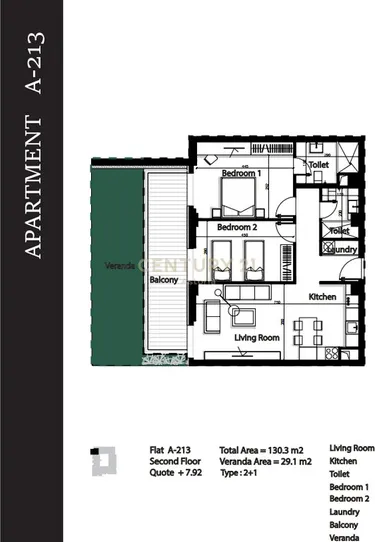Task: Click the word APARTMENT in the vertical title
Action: pos(33,189)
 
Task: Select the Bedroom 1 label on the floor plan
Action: pos(240,173)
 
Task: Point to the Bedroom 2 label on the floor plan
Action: pos(237,227)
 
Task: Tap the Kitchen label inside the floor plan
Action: pos(322,298)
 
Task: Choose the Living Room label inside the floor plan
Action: pos(255,338)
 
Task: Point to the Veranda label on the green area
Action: pos(121,267)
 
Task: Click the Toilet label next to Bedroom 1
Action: pos(319,164)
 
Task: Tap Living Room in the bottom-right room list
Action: pos(351,449)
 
